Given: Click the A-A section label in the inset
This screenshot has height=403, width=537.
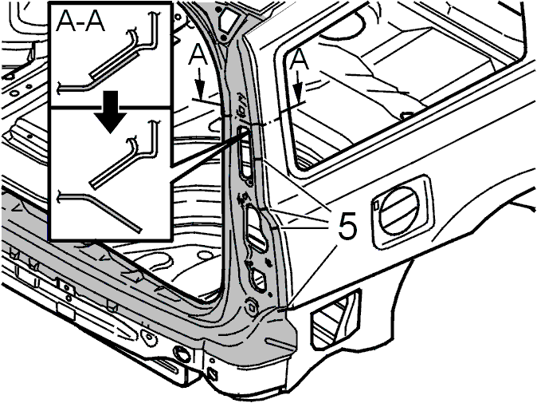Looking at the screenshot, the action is click(80, 22).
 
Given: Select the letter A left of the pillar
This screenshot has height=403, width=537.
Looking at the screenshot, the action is click(198, 55).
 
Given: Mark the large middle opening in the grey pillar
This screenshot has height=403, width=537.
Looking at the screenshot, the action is click(257, 227).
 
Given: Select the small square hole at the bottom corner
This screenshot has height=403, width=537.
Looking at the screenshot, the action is click(212, 373).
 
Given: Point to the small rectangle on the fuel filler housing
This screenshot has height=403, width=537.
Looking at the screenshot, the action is click(376, 205).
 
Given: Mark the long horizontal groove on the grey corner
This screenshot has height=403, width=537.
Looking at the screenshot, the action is click(279, 344).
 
